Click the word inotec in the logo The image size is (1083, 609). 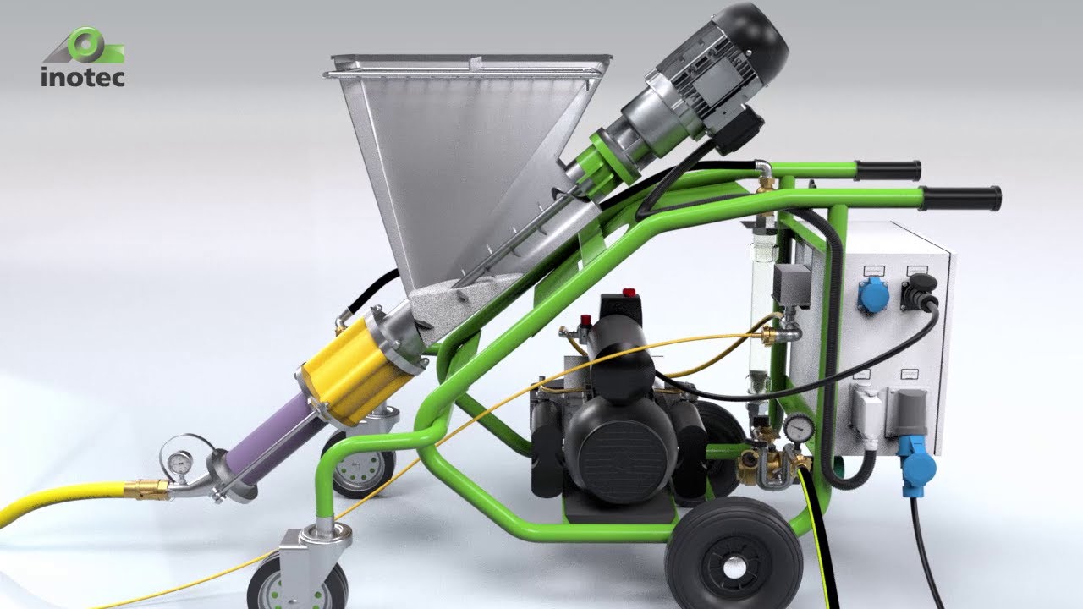coord(83,77)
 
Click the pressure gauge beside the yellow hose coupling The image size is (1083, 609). coord(179,462)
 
